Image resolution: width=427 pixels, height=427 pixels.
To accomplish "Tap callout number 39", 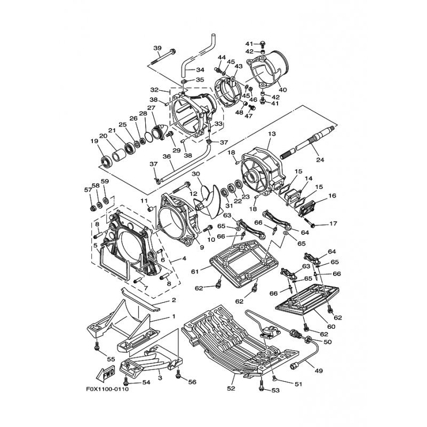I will click(157, 48).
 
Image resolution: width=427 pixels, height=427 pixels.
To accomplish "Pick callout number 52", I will click(232, 389).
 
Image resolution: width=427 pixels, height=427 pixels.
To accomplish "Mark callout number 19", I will click(94, 141).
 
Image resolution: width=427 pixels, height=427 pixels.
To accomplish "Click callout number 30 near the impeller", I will click(196, 174).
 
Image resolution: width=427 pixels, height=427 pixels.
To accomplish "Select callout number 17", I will click(333, 224).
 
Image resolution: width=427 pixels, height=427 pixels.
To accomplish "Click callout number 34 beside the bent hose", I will click(200, 70).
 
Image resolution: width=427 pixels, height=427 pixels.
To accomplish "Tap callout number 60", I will click(330, 327).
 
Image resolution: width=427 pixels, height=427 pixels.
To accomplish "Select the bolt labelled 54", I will click(126, 382).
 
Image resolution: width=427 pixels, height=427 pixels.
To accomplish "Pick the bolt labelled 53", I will click(262, 389).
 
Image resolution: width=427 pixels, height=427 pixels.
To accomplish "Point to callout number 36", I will click(167, 157).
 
